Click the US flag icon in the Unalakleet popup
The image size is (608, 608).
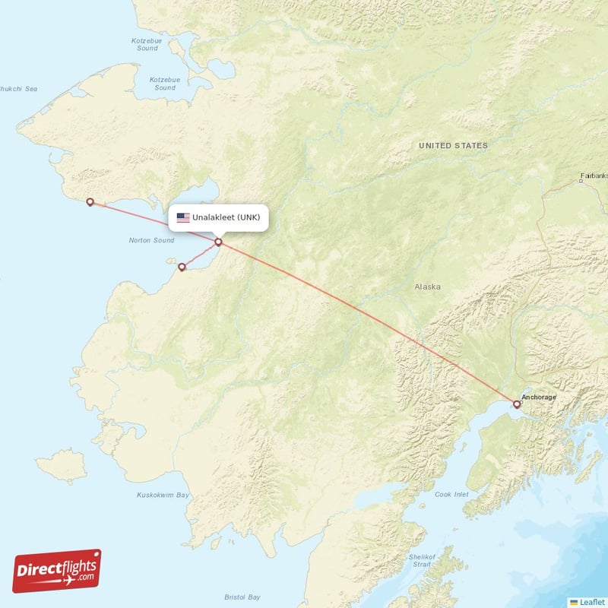pyautogui.click(x=183, y=217)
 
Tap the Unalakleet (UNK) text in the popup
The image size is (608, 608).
pyautogui.click(x=226, y=217)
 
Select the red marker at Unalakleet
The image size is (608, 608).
pyautogui.click(x=219, y=242)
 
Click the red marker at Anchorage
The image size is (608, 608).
pyautogui.click(x=517, y=404)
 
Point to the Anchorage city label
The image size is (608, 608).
pyautogui.click(x=539, y=397)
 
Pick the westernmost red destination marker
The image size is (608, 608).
pyautogui.click(x=90, y=202)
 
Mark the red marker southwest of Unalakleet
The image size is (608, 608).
pyautogui.click(x=182, y=267)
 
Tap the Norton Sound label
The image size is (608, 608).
pyautogui.click(x=151, y=241)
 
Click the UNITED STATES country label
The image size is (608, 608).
pyautogui.click(x=453, y=145)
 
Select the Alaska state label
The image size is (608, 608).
pyautogui.click(x=427, y=287)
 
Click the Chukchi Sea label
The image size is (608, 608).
pyautogui.click(x=18, y=89)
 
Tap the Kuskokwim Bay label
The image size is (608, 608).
pyautogui.click(x=163, y=496)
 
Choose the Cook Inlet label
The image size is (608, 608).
pyautogui.click(x=453, y=494)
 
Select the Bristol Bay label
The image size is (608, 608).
pyautogui.click(x=242, y=597)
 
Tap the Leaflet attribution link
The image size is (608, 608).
pyautogui.click(x=591, y=602)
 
